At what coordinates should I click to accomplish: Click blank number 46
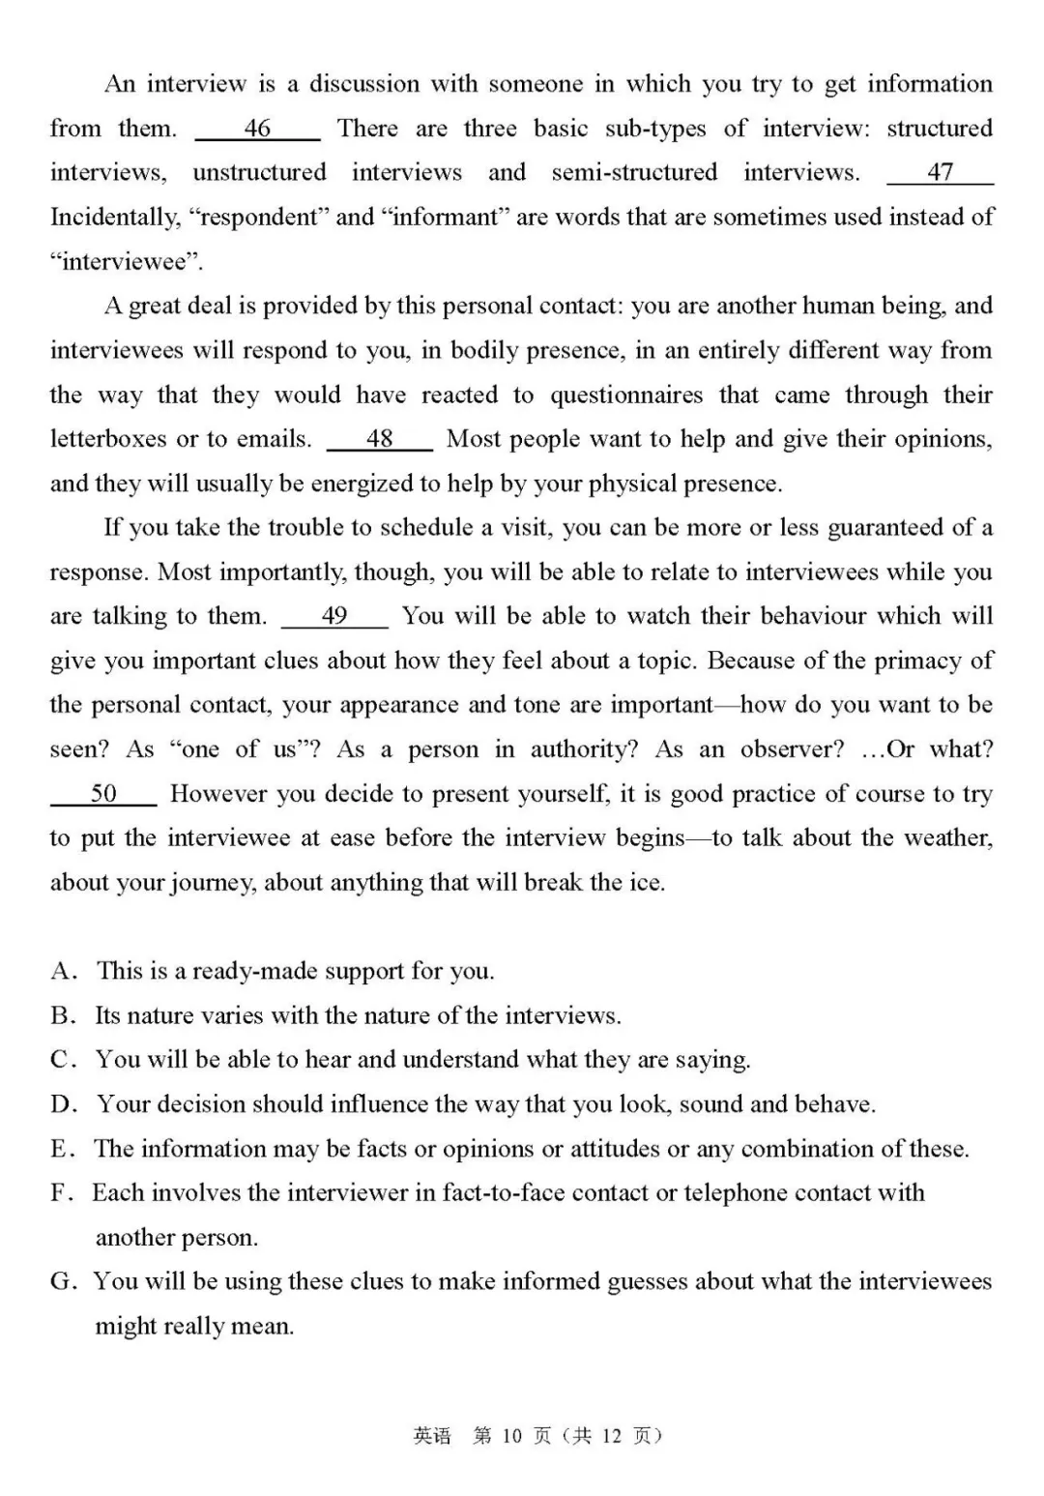click(257, 129)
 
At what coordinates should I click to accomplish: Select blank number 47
click(940, 172)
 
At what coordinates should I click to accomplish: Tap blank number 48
click(379, 439)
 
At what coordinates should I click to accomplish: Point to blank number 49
click(334, 616)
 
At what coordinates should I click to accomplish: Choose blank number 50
click(103, 794)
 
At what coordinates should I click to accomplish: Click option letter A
click(62, 971)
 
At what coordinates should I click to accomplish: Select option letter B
click(62, 1015)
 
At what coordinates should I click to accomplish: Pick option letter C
click(62, 1060)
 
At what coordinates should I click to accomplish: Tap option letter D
click(62, 1104)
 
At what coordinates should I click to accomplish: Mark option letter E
click(61, 1149)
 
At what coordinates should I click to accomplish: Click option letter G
click(62, 1281)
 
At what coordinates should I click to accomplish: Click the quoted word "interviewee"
click(127, 262)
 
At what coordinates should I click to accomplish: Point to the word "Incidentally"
click(115, 218)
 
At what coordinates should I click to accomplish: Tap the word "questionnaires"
click(627, 396)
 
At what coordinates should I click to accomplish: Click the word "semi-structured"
click(634, 173)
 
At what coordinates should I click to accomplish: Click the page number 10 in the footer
click(512, 1436)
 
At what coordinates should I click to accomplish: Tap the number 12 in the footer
click(611, 1436)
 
